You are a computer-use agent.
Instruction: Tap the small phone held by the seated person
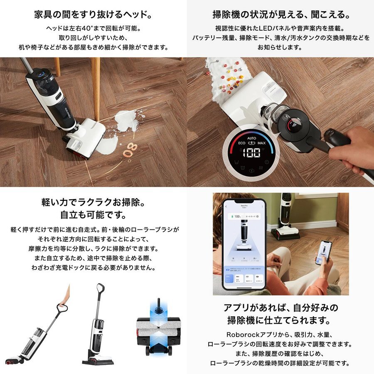[324, 251]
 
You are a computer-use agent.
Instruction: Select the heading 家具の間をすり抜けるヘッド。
[93, 15]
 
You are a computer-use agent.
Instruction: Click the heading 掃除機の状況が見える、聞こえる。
[280, 15]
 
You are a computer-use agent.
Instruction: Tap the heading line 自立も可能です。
[93, 216]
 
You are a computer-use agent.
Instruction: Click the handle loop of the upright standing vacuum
[100, 288]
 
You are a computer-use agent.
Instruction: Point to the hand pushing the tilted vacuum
[64, 296]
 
